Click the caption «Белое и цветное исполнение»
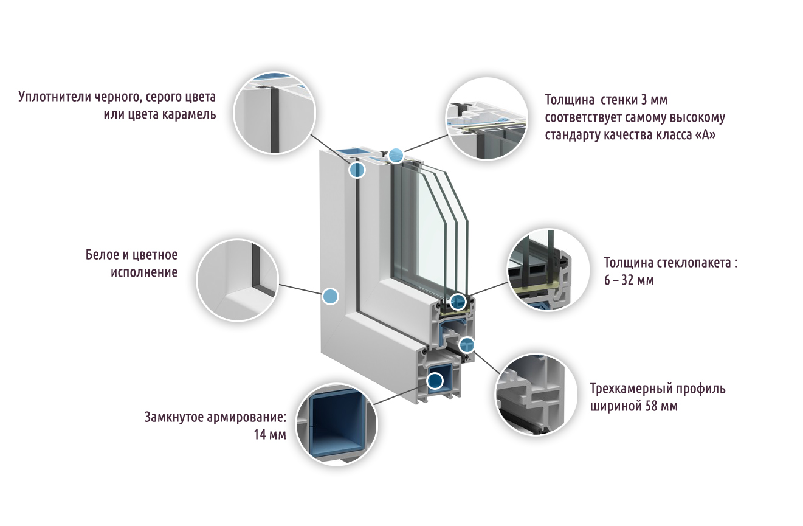click(131, 263)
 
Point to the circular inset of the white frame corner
click(238, 279)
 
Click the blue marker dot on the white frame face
click(329, 296)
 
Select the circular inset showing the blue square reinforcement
click(336, 423)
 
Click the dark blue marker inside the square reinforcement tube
click(435, 381)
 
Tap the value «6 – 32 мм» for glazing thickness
click(629, 281)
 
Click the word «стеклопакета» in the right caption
click(694, 263)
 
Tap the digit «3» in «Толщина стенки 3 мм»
click(646, 99)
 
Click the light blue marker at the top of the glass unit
click(396, 155)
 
